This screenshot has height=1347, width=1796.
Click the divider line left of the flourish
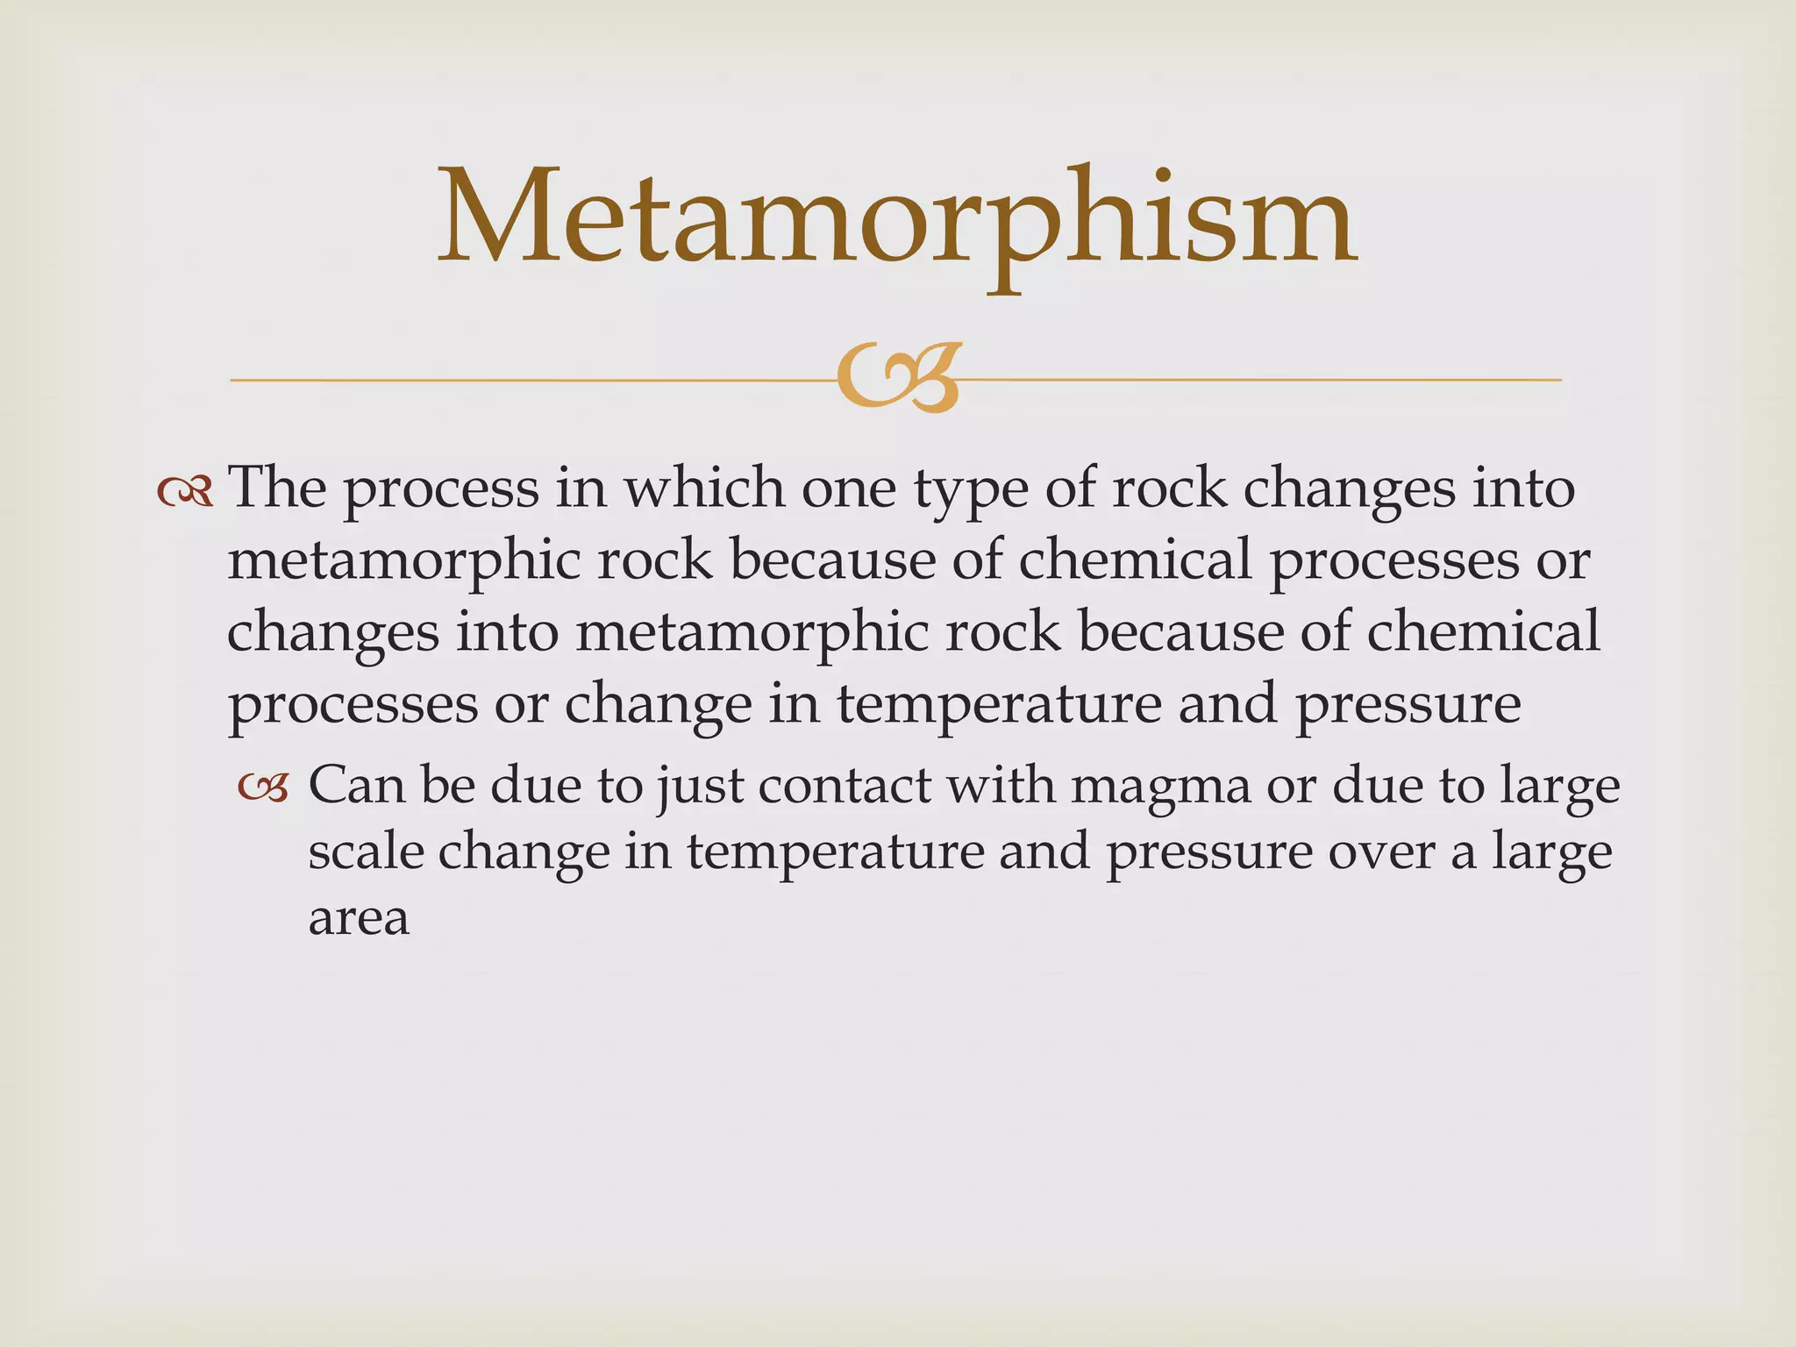coord(526,380)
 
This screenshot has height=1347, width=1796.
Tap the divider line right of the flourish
coord(1263,380)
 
